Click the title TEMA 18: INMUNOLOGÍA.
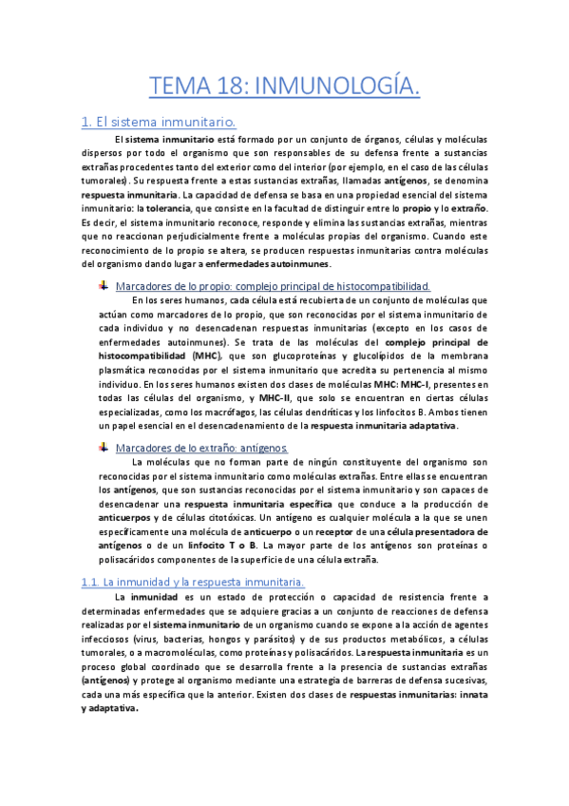click(x=284, y=86)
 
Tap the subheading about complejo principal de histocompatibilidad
click(x=272, y=285)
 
